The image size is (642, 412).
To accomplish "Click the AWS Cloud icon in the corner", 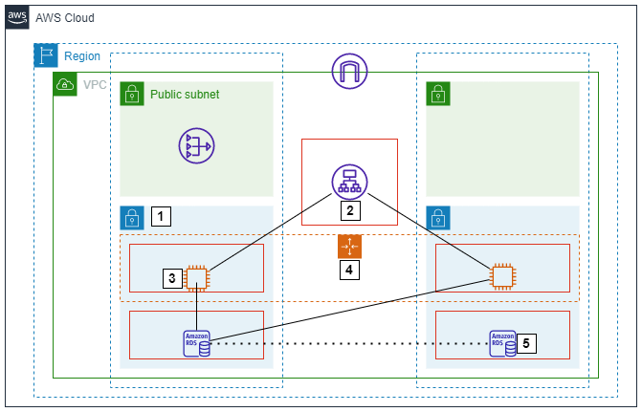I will (x=17, y=17).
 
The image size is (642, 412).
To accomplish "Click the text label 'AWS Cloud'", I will (x=65, y=18).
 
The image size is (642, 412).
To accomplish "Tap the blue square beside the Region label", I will (x=46, y=55).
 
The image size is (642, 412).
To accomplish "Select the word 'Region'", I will (x=81, y=56).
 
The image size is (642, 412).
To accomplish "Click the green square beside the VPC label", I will (x=65, y=84).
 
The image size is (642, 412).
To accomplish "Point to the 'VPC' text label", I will (x=95, y=85).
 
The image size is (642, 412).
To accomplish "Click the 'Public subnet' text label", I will (x=185, y=95).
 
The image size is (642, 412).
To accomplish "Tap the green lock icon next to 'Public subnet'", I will (x=132, y=94).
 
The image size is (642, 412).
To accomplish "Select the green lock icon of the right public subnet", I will (x=438, y=94).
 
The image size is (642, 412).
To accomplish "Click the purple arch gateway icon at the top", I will (x=349, y=72).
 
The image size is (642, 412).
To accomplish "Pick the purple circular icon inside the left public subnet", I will (x=196, y=145).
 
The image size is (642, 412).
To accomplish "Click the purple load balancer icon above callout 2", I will (x=349, y=182).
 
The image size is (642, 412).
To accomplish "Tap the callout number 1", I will (x=161, y=217).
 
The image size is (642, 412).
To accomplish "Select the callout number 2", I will (x=350, y=210).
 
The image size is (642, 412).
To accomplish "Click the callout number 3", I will (x=172, y=278).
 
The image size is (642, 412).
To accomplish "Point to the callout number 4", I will (x=350, y=270).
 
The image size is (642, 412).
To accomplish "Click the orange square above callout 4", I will (x=350, y=247).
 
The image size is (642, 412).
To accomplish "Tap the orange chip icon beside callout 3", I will (x=197, y=277).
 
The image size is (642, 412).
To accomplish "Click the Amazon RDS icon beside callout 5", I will (x=502, y=343).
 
